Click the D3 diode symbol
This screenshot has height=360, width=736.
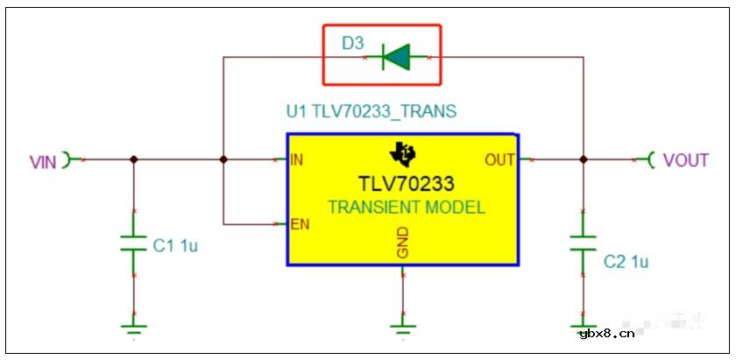click(x=396, y=57)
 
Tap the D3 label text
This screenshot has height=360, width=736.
click(x=352, y=44)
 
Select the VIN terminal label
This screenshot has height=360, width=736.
click(x=43, y=162)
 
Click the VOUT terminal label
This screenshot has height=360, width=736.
click(x=685, y=160)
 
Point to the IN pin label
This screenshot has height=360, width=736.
click(x=297, y=159)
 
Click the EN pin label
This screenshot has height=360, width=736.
click(x=301, y=224)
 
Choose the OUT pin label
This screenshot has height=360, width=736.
click(x=499, y=160)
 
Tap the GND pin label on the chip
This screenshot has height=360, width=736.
click(x=403, y=243)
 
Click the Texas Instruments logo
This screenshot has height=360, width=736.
click(x=403, y=152)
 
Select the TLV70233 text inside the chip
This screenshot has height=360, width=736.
click(x=407, y=184)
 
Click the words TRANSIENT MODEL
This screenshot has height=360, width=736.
click(x=406, y=207)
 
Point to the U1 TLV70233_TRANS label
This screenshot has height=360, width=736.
click(x=372, y=112)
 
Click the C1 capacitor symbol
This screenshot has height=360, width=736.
click(x=134, y=244)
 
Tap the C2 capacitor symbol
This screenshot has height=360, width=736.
click(x=583, y=244)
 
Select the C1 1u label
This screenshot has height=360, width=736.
click(x=175, y=246)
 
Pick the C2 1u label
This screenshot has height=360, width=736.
click(x=626, y=262)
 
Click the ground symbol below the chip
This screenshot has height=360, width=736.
click(x=403, y=328)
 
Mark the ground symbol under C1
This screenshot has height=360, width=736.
click(x=134, y=328)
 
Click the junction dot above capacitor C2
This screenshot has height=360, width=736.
click(x=583, y=159)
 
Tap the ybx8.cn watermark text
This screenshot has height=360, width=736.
click(x=607, y=334)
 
